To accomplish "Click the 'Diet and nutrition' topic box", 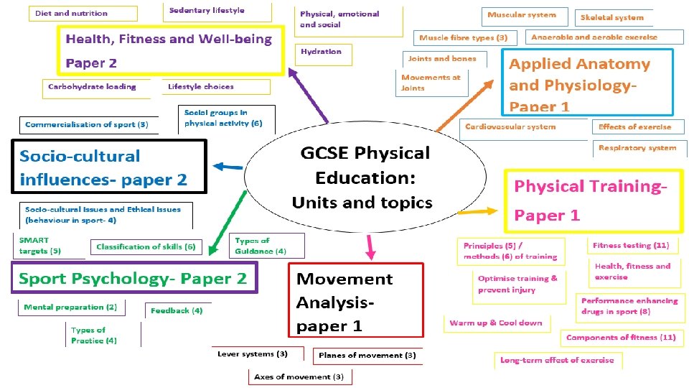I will (x=71, y=13).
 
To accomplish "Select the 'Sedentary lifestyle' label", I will (x=207, y=10).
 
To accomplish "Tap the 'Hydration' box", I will (x=321, y=52).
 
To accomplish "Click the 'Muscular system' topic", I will (x=521, y=15).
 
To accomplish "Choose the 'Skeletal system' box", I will (x=611, y=17).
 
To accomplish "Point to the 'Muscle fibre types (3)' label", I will (x=463, y=37).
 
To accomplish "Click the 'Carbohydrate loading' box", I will (x=92, y=87).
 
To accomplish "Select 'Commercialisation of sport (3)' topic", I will (x=86, y=124).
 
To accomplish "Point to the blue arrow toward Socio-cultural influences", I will (x=228, y=167).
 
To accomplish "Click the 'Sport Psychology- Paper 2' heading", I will (x=133, y=278).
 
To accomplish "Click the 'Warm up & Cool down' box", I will (x=496, y=323).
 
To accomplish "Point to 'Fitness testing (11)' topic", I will (x=631, y=246).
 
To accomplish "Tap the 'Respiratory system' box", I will (x=637, y=148).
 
